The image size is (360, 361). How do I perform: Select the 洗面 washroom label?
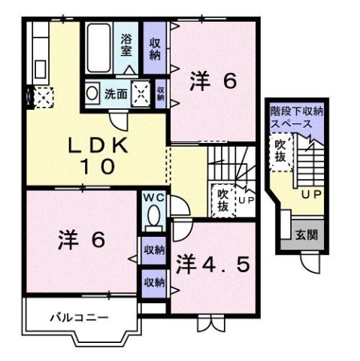[116, 95]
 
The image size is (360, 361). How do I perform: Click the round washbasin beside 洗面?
[92, 94]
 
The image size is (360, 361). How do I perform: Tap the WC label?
[152, 198]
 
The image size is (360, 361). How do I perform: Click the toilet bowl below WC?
[152, 217]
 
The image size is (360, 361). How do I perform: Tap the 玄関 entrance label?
[306, 235]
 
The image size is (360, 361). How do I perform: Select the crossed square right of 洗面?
[141, 93]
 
